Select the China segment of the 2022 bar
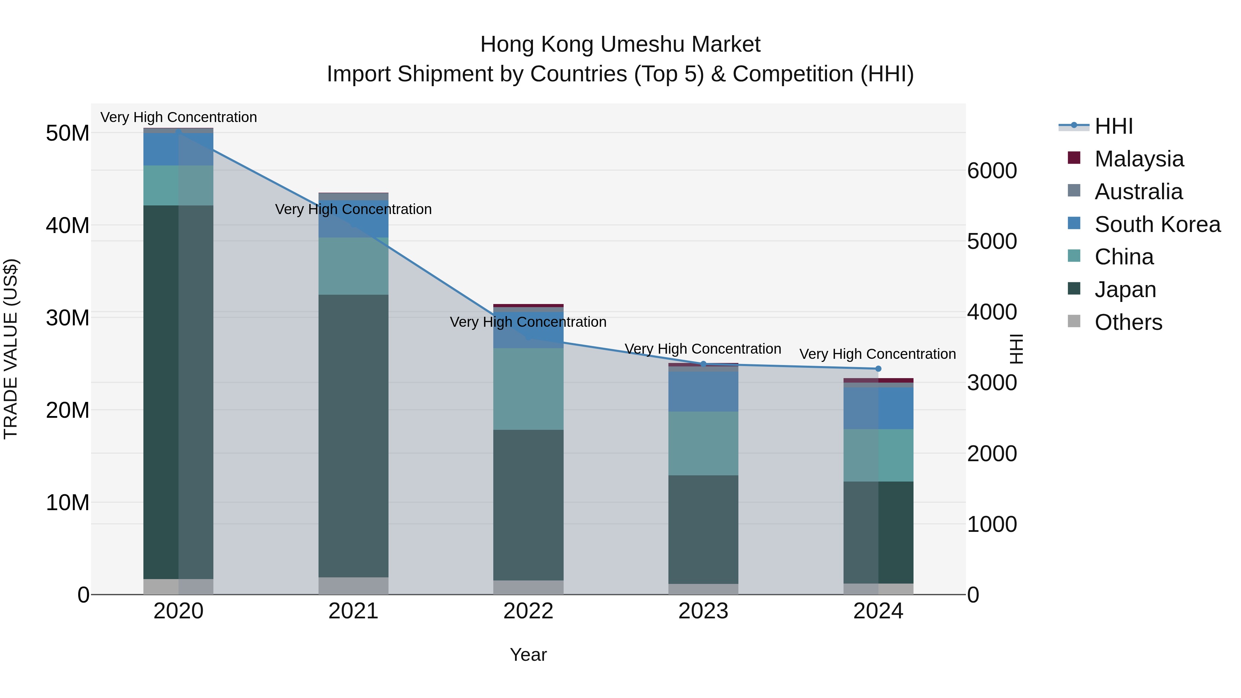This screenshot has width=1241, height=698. [528, 389]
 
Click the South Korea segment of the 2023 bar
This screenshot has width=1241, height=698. [703, 391]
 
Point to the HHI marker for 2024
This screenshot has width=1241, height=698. [878, 369]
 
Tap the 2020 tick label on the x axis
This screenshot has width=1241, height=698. [178, 611]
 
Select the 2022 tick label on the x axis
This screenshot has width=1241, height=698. [528, 611]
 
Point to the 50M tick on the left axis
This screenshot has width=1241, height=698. [68, 133]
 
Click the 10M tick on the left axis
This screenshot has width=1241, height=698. [68, 503]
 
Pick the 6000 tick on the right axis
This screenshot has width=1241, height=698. [992, 171]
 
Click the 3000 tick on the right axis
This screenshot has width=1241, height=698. [992, 383]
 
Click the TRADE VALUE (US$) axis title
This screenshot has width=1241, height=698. [11, 349]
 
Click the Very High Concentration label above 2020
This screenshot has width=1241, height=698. [178, 117]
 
